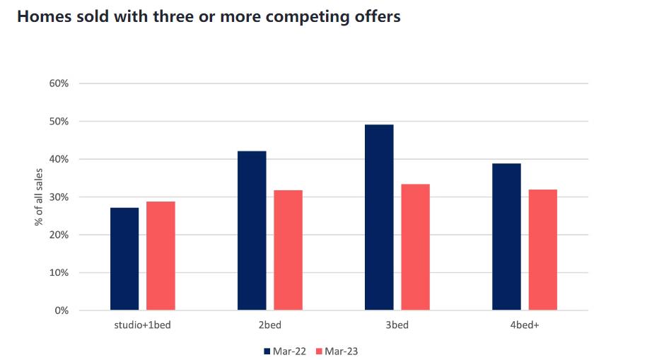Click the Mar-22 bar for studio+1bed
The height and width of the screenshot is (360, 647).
pos(124,259)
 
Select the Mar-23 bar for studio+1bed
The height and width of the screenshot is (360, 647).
pos(161,256)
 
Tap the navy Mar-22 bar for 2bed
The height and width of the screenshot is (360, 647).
pos(252,231)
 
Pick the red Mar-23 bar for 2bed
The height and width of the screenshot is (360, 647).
pos(288,250)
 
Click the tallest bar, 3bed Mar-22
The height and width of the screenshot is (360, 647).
pos(379,217)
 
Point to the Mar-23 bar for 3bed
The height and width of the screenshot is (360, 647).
pos(415,247)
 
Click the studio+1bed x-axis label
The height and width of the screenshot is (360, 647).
pos(143,325)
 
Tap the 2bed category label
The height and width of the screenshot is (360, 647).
pos(270,325)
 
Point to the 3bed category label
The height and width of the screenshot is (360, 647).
pos(397,325)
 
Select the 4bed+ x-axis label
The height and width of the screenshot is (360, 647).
pos(524,325)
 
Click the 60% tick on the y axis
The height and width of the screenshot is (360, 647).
pos(59,83)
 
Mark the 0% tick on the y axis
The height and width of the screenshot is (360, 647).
pos(62,310)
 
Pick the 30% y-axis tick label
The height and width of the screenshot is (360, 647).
pos(59,197)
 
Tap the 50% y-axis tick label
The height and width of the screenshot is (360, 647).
pos(59,122)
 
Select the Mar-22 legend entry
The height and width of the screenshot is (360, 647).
pos(285,351)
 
